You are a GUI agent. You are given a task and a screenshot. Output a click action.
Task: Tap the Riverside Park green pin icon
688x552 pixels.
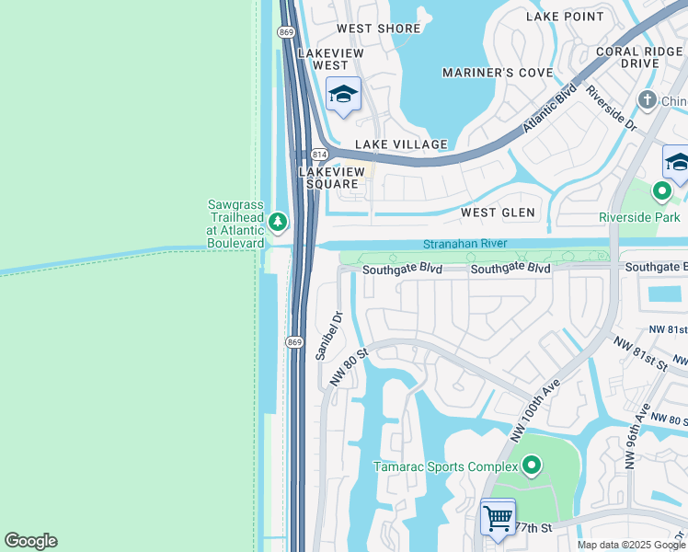(661, 191)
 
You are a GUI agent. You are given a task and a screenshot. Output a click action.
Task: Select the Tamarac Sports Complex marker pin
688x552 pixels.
(531, 466)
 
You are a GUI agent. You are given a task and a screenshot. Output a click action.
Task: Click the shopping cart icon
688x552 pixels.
(498, 518)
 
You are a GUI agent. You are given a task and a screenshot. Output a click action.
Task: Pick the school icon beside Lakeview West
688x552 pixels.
(343, 95)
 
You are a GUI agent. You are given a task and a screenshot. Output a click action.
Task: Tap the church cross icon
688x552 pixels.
(648, 100)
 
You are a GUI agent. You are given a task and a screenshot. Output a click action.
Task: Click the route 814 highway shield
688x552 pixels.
(319, 154)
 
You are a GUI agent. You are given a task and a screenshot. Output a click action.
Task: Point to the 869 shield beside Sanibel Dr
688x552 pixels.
(294, 342)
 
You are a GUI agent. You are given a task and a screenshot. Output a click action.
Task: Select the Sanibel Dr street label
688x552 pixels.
(328, 336)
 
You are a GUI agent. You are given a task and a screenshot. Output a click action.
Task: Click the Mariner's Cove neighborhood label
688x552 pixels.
(497, 73)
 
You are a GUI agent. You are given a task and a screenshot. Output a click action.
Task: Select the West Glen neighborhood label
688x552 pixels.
(498, 213)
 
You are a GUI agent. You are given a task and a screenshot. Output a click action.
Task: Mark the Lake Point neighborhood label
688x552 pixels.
(565, 17)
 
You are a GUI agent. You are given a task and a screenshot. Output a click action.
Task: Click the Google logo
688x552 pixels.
(30, 541)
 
